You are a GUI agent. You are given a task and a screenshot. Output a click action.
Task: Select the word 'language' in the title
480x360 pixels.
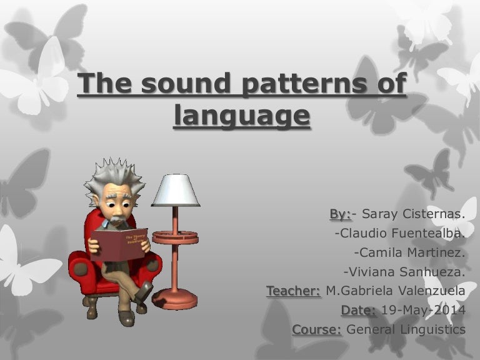[241, 116]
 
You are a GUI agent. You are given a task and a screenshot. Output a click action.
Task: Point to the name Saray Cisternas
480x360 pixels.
[412, 214]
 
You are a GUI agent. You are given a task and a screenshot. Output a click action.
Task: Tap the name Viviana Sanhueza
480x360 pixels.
[404, 272]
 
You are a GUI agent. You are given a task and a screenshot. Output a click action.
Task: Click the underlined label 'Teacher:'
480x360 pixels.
[294, 291]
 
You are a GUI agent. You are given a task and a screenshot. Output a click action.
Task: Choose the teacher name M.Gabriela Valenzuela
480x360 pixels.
[396, 291]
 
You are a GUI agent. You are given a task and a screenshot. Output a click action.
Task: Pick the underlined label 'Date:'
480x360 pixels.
[359, 310]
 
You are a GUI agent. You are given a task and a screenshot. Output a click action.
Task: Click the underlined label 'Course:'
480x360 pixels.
[316, 329]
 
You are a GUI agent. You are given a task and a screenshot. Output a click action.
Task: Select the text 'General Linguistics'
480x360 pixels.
[406, 329]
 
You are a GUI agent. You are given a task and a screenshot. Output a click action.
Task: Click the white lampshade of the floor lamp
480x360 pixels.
[176, 190]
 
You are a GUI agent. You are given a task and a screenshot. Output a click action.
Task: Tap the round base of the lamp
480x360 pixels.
[176, 298]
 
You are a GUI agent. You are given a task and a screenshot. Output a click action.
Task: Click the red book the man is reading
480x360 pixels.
[119, 243]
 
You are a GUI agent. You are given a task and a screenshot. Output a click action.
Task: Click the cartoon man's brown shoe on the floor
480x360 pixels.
[127, 317]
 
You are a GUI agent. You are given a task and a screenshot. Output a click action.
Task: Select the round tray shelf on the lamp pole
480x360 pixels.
[175, 237]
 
